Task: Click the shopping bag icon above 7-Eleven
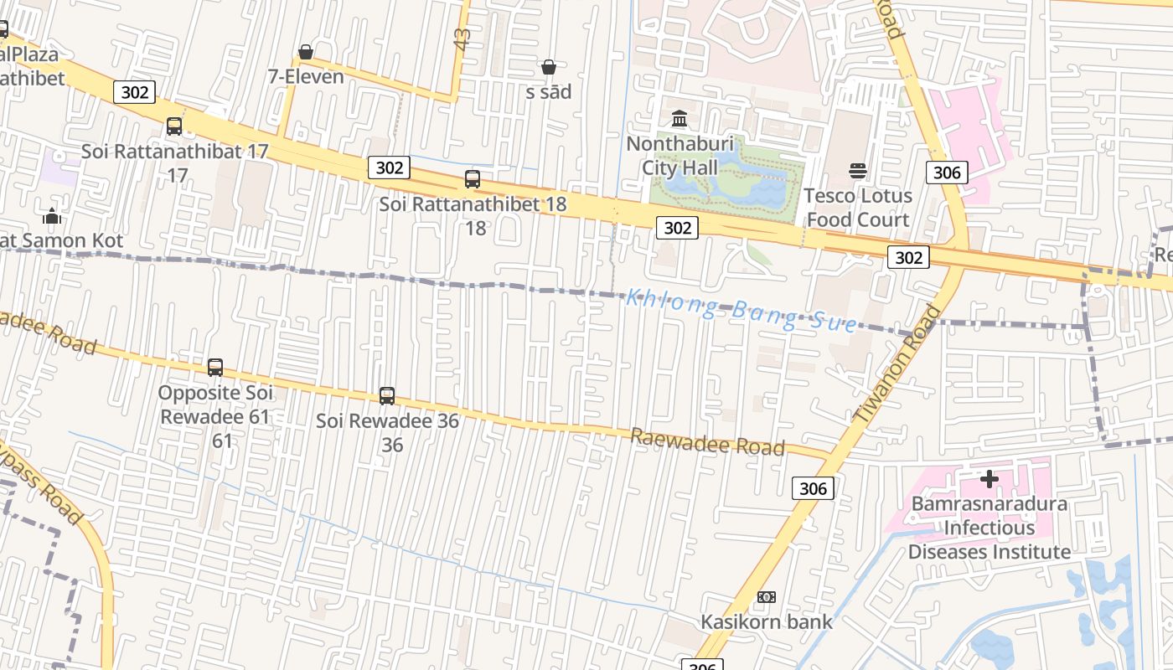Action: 306,53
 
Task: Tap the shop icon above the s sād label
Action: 549,67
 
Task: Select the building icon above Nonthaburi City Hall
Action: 680,118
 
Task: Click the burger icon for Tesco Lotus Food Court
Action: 857,172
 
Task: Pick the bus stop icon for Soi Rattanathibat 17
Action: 174,126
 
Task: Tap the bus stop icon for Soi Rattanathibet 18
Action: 473,179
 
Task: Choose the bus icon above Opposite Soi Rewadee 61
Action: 215,368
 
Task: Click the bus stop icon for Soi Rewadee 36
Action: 387,396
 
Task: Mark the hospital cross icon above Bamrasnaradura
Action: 990,479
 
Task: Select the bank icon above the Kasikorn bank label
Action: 767,597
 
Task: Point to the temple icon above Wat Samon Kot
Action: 52,216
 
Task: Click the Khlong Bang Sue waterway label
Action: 742,309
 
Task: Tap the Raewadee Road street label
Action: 707,442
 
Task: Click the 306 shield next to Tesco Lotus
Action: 947,173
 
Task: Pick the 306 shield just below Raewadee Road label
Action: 813,488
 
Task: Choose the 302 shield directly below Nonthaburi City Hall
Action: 677,227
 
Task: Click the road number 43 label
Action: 462,38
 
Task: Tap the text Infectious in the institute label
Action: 990,528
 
